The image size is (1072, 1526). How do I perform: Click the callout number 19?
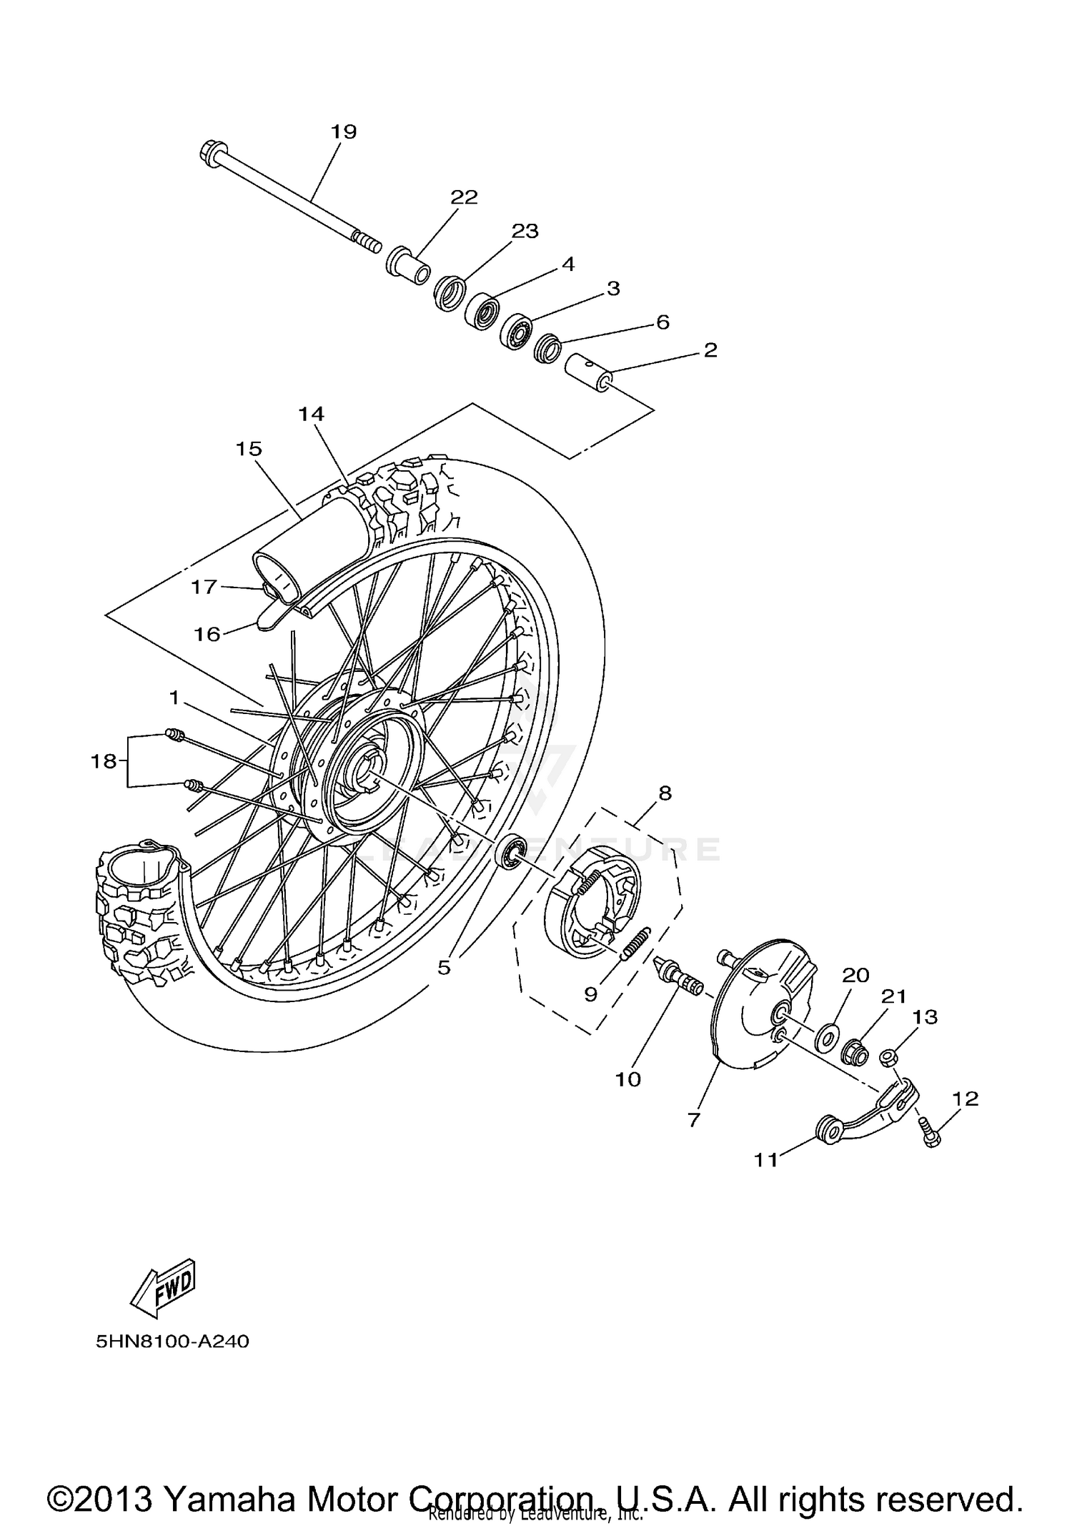pos(343,132)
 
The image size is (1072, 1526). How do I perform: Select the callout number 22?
pos(464,197)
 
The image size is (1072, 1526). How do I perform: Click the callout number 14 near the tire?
pos(312,414)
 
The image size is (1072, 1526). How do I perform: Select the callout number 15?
pos(249,449)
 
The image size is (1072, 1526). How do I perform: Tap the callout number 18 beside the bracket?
pos(104,761)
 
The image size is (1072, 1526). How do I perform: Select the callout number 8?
pos(665,793)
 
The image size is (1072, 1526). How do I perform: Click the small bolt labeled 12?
pos(928,1133)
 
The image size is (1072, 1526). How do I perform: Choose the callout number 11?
pos(766,1159)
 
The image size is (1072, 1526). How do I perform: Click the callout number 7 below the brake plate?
pos(694,1121)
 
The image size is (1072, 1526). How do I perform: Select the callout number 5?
pos(444,968)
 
